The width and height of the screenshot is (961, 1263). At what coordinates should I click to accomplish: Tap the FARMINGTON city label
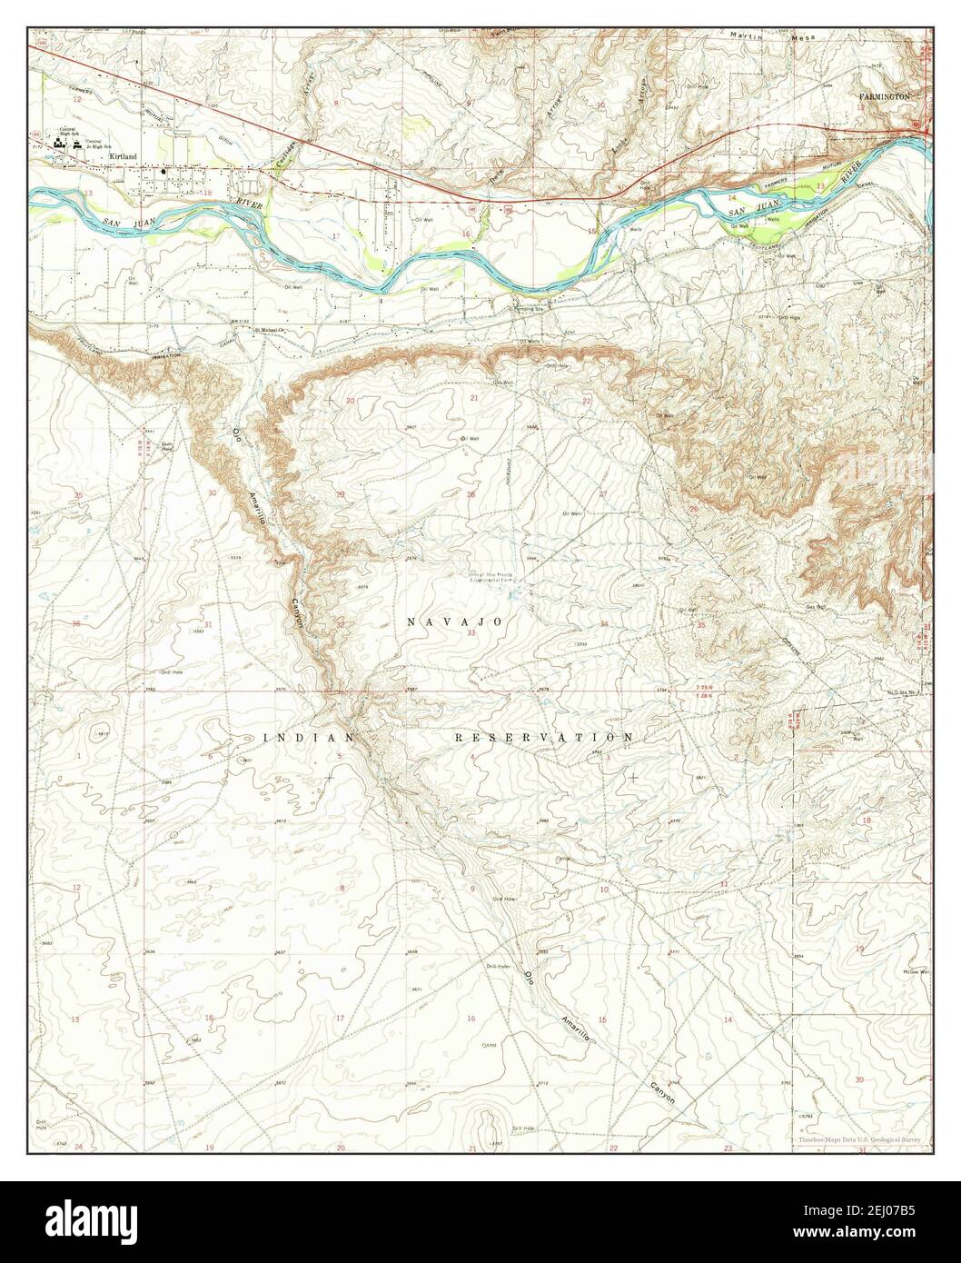pyautogui.click(x=885, y=94)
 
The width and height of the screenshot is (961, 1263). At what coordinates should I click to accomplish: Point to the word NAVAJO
pyautogui.click(x=455, y=622)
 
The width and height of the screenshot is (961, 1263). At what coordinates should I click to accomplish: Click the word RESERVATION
pyautogui.click(x=543, y=737)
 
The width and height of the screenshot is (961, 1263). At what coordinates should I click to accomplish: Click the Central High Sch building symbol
pyautogui.click(x=65, y=142)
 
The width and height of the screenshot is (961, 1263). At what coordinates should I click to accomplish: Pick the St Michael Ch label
pyautogui.click(x=270, y=330)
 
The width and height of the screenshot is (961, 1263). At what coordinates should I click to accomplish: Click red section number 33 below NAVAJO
pyautogui.click(x=471, y=632)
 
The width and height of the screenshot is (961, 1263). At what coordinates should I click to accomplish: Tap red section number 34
pyautogui.click(x=603, y=624)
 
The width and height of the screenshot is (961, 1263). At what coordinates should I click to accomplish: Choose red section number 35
pyautogui.click(x=701, y=625)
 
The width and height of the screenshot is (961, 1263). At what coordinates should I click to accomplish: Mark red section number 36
pyautogui.click(x=76, y=624)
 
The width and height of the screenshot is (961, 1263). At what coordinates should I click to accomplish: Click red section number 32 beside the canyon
pyautogui.click(x=340, y=625)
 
